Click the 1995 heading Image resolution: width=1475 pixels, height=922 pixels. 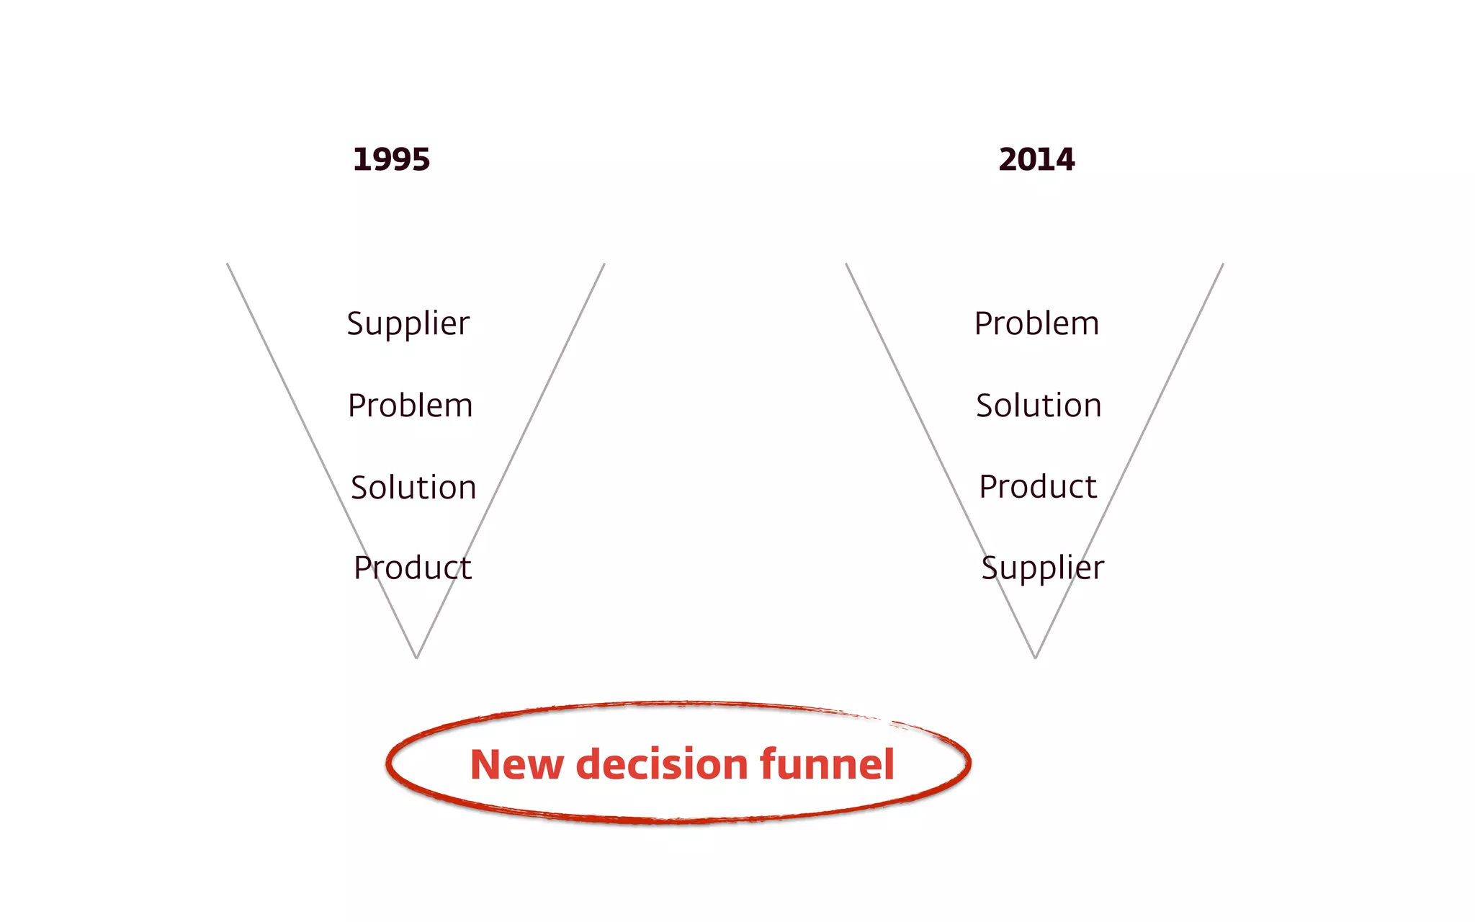pos(391,159)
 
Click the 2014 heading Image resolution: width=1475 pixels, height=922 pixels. pos(1036,159)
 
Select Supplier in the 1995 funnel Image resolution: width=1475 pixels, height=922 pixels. pos(408,323)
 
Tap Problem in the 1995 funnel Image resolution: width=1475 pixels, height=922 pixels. pos(410,406)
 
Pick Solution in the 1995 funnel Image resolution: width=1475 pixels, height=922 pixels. pos(413,488)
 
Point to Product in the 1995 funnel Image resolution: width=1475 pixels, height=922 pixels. pos(413,568)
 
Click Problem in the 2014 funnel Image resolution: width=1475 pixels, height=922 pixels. pos(1036,323)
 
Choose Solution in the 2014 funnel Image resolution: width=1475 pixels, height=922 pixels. pos(1039,406)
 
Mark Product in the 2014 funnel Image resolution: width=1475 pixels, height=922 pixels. pos(1038,487)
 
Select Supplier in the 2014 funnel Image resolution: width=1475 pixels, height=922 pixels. pos(1042,568)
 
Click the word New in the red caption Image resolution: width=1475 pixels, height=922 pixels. pos(516,764)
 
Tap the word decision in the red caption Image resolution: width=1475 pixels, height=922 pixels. pos(663,764)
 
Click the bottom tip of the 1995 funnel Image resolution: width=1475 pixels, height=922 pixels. pos(416,657)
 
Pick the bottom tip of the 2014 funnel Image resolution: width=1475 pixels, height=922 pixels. pos(1035,657)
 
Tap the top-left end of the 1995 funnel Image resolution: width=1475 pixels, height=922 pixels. pos(228,264)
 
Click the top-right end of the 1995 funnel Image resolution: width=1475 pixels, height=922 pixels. pos(604,264)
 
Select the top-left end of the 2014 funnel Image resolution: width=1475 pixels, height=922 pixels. pos(846,264)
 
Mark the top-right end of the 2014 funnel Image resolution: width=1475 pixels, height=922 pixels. pos(1223,264)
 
